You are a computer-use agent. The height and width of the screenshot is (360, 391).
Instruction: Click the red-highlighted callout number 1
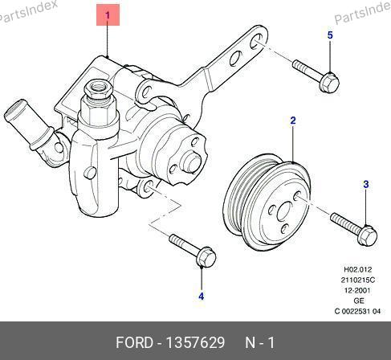point(108,15)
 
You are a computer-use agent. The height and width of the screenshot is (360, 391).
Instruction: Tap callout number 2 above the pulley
point(293,121)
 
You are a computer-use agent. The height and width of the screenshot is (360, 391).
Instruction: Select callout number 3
point(366,184)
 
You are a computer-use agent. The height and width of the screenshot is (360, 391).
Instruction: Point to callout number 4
point(202,297)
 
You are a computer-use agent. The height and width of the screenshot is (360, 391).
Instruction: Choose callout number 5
point(330,35)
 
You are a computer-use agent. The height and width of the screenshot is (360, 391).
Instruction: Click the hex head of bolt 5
point(329,82)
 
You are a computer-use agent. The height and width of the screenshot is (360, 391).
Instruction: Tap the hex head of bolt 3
point(367,235)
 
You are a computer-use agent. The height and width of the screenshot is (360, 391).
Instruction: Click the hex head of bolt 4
point(206,257)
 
